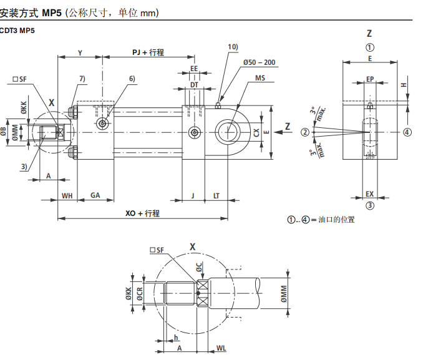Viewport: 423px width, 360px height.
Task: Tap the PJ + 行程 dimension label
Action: (148, 52)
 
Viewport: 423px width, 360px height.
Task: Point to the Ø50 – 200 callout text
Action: (259, 62)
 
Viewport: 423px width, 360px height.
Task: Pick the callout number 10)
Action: (233, 47)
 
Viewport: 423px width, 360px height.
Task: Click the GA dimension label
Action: (95, 195)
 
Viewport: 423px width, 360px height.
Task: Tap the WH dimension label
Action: (67, 195)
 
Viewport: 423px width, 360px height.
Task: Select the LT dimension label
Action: (216, 195)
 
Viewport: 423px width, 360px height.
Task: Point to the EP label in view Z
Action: (370, 79)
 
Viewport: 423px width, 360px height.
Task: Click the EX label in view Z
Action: (370, 194)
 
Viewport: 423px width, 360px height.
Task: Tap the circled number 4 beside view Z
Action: (406, 132)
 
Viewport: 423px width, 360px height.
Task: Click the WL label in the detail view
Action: (221, 347)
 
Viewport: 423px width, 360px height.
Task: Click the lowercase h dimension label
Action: (176, 337)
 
